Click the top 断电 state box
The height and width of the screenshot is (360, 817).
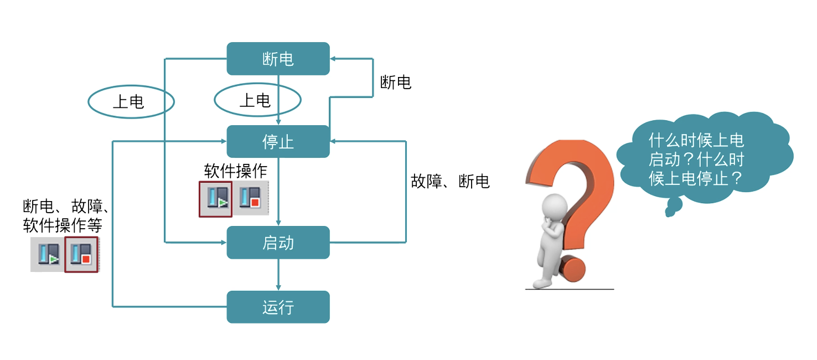coord(278,59)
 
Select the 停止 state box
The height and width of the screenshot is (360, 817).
coord(278,142)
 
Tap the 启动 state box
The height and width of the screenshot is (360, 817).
coord(278,243)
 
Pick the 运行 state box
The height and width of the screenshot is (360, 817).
coord(278,307)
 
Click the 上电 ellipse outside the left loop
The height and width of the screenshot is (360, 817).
coord(131,101)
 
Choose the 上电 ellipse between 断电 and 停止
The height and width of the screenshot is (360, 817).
coord(257,100)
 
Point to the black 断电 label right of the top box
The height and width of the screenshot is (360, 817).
coord(396,83)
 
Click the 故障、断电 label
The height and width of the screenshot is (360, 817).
coord(450,181)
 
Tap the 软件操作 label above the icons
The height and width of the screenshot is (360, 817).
coord(236,171)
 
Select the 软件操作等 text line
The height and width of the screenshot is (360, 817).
coord(63,225)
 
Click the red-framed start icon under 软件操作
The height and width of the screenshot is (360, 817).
coord(215,198)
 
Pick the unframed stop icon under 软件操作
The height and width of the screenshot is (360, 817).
coord(250,198)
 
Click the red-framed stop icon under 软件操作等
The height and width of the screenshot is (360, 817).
coord(81,255)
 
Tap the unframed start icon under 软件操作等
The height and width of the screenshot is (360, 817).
coord(48,255)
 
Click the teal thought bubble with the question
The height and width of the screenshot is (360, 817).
coord(703,158)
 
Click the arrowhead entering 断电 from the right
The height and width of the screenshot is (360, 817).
coord(334,59)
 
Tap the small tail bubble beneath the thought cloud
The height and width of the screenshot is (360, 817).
coord(673,208)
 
